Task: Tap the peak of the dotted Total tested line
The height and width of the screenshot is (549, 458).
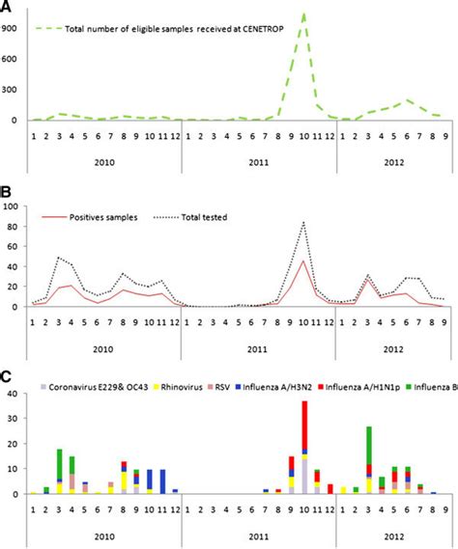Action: [x=304, y=223]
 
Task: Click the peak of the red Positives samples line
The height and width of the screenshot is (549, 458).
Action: [x=304, y=261]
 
